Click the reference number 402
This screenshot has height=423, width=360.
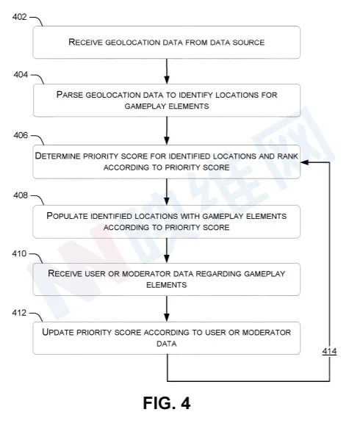pos(19,17)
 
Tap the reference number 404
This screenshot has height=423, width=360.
pos(21,74)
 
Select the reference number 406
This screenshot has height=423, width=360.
pos(21,135)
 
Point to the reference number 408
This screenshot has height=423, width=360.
pos(21,195)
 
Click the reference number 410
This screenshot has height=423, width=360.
pos(19,253)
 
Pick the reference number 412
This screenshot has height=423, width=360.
pos(19,313)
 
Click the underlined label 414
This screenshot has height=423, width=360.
pos(329,351)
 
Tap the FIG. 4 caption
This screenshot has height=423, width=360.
pos(167,403)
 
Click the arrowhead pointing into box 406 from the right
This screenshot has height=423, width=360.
pos(304,162)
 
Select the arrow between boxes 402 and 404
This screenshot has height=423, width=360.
pos(167,71)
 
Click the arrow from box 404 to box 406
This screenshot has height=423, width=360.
pos(167,131)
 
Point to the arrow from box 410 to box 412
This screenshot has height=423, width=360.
pos(167,308)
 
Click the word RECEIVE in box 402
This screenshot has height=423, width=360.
pos(85,43)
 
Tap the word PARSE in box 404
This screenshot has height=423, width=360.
pos(70,95)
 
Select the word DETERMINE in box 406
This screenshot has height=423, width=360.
pos(57,156)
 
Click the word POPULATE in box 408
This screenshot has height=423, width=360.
pos(67,216)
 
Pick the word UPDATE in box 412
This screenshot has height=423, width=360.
pos(58,332)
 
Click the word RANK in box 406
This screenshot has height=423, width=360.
pos(288,156)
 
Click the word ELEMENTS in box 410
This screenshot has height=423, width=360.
pos(167,285)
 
